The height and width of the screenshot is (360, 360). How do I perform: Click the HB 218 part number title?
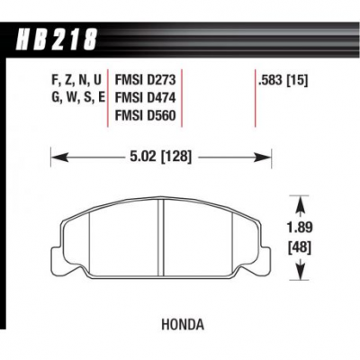click(57, 39)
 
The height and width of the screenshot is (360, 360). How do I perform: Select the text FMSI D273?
click(145, 80)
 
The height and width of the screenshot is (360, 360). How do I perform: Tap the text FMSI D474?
click(145, 98)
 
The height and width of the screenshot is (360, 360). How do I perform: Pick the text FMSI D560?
click(145, 115)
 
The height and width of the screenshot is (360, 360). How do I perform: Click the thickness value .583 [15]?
click(283, 80)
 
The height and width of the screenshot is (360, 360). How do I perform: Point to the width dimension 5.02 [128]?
click(161, 157)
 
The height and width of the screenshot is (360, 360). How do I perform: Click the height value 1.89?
click(300, 228)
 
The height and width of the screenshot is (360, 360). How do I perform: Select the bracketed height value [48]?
click(300, 248)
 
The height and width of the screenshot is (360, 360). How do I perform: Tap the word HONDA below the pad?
click(183, 325)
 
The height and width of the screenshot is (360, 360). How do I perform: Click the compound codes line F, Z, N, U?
click(76, 80)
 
